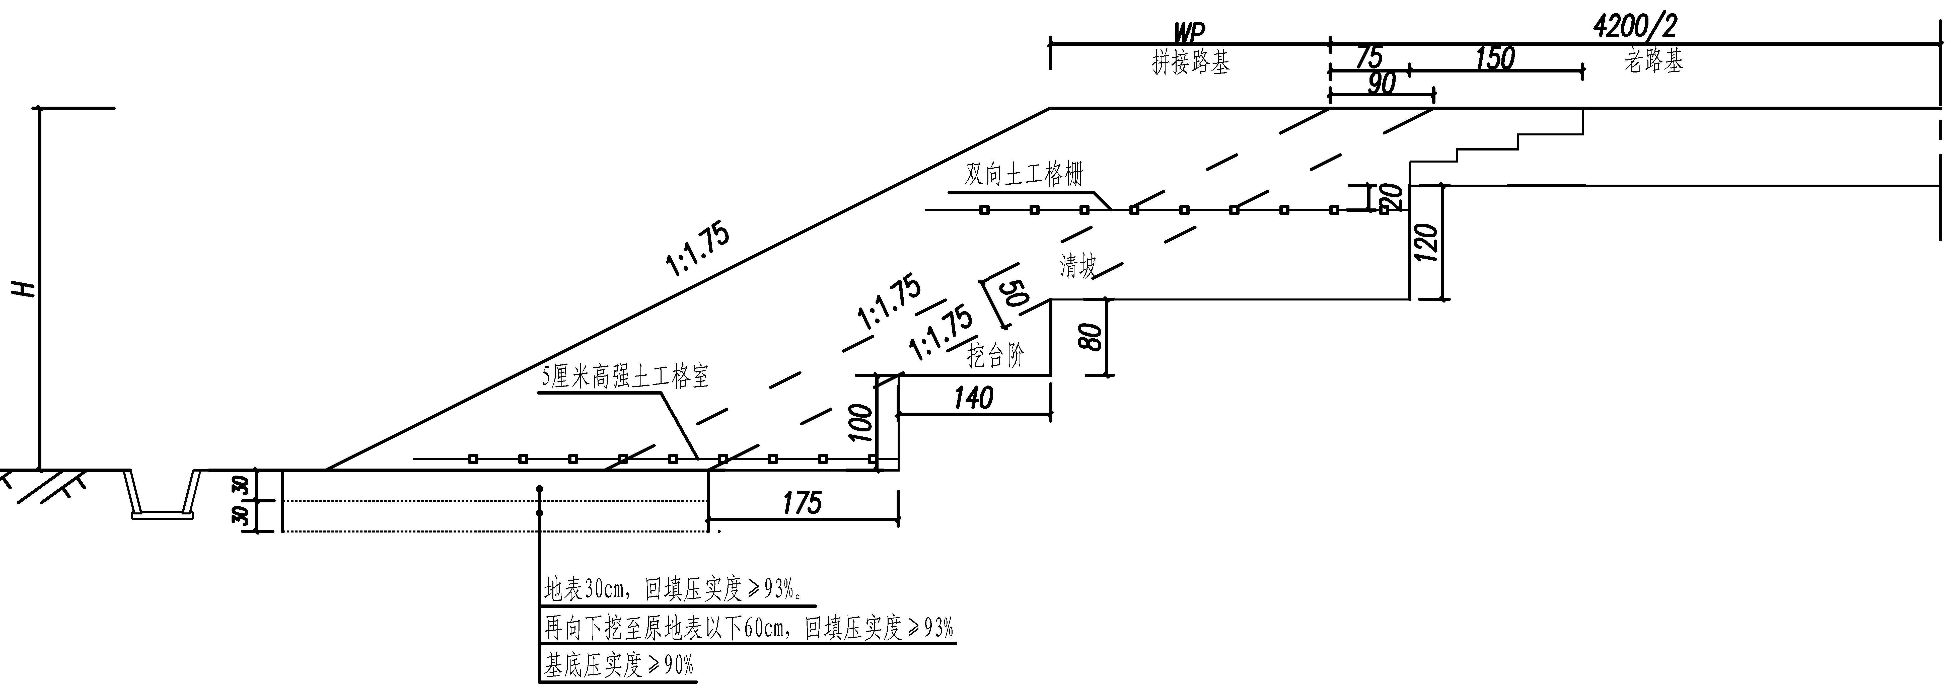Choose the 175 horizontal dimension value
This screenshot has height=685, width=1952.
pos(802,502)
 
